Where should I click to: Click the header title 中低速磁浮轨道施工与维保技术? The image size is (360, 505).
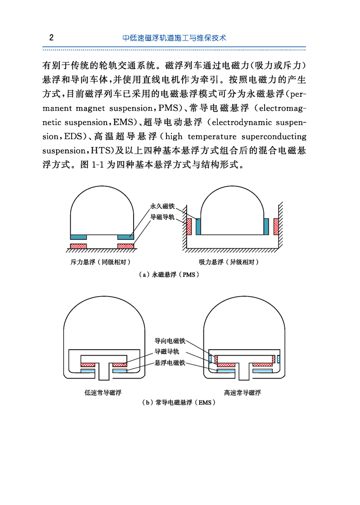coord(174,38)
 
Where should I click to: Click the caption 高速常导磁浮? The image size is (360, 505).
coord(243,392)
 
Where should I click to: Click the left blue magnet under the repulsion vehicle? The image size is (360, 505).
coord(79,237)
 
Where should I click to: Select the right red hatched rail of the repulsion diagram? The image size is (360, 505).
coord(126,246)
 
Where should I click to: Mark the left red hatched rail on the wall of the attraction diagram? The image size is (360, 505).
coord(189,227)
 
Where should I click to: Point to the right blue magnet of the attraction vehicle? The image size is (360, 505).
coord(266,226)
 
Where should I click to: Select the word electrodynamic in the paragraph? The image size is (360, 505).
coord(244,122)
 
